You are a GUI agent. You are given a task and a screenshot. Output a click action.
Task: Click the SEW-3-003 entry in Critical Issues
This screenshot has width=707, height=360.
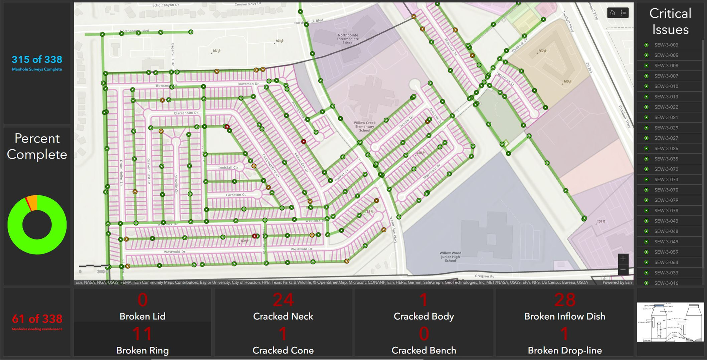pyautogui.click(x=666, y=45)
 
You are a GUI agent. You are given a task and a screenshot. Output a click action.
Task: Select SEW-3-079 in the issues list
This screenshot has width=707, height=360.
pyautogui.click(x=666, y=200)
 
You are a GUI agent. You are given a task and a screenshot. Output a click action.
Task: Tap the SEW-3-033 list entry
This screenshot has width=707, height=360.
pyautogui.click(x=666, y=273)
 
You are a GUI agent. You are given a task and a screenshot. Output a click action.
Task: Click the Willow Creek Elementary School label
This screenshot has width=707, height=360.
pyautogui.click(x=365, y=127)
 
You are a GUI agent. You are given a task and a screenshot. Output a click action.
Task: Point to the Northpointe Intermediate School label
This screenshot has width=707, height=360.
pyautogui.click(x=348, y=39)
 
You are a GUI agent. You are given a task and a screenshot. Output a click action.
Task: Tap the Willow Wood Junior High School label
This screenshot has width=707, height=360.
pyautogui.click(x=450, y=257)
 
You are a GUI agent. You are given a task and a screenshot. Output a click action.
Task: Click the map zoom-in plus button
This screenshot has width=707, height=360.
pyautogui.click(x=623, y=259)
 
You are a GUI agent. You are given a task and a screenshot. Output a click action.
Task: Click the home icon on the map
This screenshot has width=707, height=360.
pyautogui.click(x=612, y=13)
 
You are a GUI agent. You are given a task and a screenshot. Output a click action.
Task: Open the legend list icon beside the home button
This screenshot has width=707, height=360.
pyautogui.click(x=623, y=13)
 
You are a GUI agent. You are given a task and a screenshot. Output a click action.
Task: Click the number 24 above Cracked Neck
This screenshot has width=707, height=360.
pyautogui.click(x=283, y=300)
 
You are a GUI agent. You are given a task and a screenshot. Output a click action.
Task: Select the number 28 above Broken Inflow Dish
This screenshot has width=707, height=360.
pyautogui.click(x=564, y=300)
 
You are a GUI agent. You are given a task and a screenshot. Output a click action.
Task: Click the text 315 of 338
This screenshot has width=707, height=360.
pyautogui.click(x=37, y=60)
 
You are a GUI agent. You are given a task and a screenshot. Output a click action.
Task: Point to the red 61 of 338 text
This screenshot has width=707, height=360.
pyautogui.click(x=37, y=319)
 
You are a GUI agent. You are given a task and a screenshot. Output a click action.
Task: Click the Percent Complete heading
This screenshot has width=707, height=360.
pyautogui.click(x=37, y=146)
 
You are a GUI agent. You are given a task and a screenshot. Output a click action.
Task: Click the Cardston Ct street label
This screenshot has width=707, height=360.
pyautogui.click(x=236, y=195)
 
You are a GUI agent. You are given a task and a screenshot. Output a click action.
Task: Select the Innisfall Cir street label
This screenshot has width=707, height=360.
pyautogui.click(x=228, y=168)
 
